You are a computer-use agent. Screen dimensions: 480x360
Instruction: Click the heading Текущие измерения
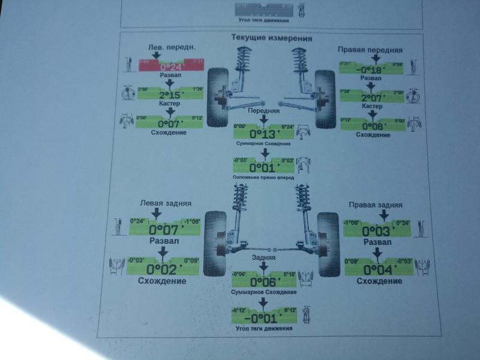271,38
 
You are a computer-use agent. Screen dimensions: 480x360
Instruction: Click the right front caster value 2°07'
373,97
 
